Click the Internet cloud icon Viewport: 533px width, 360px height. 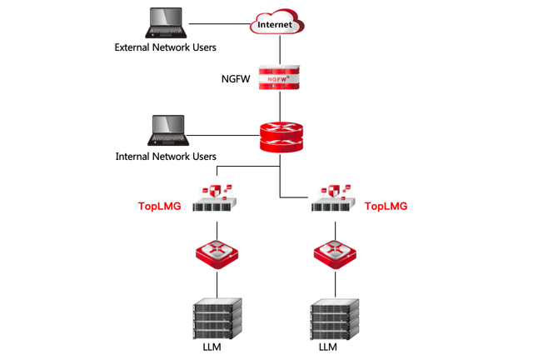(x=278, y=24)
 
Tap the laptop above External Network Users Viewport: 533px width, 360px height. (x=167, y=23)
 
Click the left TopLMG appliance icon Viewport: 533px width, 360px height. (x=217, y=198)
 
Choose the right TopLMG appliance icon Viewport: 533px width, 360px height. (x=333, y=198)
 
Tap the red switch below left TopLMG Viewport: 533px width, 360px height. (x=217, y=253)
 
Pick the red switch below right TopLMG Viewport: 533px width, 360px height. (x=335, y=253)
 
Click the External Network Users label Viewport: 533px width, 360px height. (x=166, y=47)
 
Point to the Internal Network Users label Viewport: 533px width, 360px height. (x=166, y=156)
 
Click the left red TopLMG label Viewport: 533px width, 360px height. (x=160, y=206)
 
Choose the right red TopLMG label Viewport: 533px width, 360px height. (x=386, y=206)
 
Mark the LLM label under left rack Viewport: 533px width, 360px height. (x=212, y=347)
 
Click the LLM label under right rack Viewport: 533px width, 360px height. (x=328, y=347)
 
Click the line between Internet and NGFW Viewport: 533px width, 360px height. (x=280, y=49)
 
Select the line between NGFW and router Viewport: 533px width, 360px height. (x=280, y=106)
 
